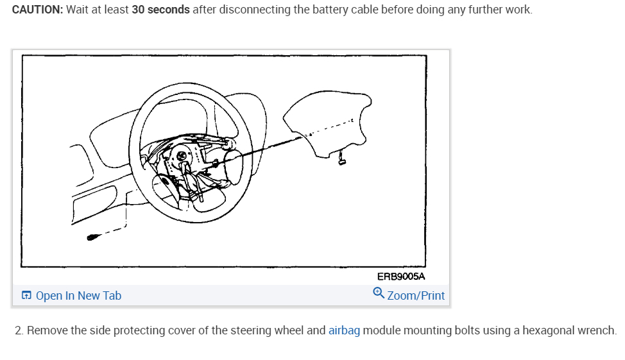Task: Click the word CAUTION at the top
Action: pyautogui.click(x=35, y=10)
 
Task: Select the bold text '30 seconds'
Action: pyautogui.click(x=160, y=10)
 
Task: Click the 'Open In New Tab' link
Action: pyautogui.click(x=78, y=296)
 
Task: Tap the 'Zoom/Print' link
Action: pyautogui.click(x=416, y=296)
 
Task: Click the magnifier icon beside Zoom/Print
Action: pyautogui.click(x=378, y=294)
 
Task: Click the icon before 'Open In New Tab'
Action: pyautogui.click(x=26, y=296)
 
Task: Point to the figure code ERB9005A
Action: pyautogui.click(x=401, y=277)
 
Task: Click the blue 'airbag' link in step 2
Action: pyautogui.click(x=344, y=331)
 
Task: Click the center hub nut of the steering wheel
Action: pyautogui.click(x=182, y=156)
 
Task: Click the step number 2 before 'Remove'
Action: pyautogui.click(x=19, y=331)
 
